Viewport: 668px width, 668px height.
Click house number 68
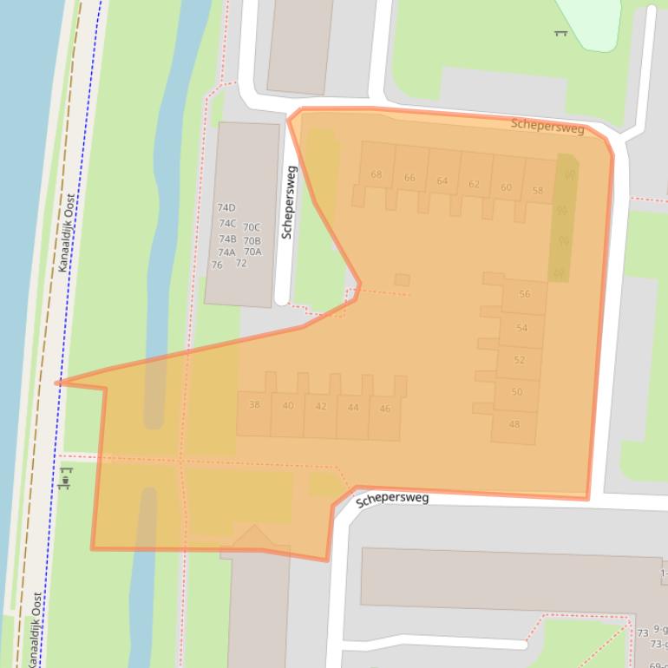[376, 174]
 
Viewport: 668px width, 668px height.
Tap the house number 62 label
[474, 184]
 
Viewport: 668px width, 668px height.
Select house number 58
[538, 191]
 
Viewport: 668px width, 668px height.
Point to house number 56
[524, 294]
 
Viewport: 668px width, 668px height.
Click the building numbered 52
[519, 360]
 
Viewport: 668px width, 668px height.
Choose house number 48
[514, 424]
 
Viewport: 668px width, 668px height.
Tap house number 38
[254, 404]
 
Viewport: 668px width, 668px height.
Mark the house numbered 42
[321, 406]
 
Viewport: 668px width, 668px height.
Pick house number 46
[385, 409]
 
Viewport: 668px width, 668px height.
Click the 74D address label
[226, 208]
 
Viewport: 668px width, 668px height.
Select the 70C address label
[252, 227]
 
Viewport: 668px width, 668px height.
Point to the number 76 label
[217, 265]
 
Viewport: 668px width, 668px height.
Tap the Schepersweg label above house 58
[547, 126]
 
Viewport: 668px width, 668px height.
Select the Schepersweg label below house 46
[392, 499]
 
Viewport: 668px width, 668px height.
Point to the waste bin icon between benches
[66, 477]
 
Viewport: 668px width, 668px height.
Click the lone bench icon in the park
[560, 33]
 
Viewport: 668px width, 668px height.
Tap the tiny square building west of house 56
[402, 279]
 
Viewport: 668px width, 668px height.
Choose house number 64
[442, 180]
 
